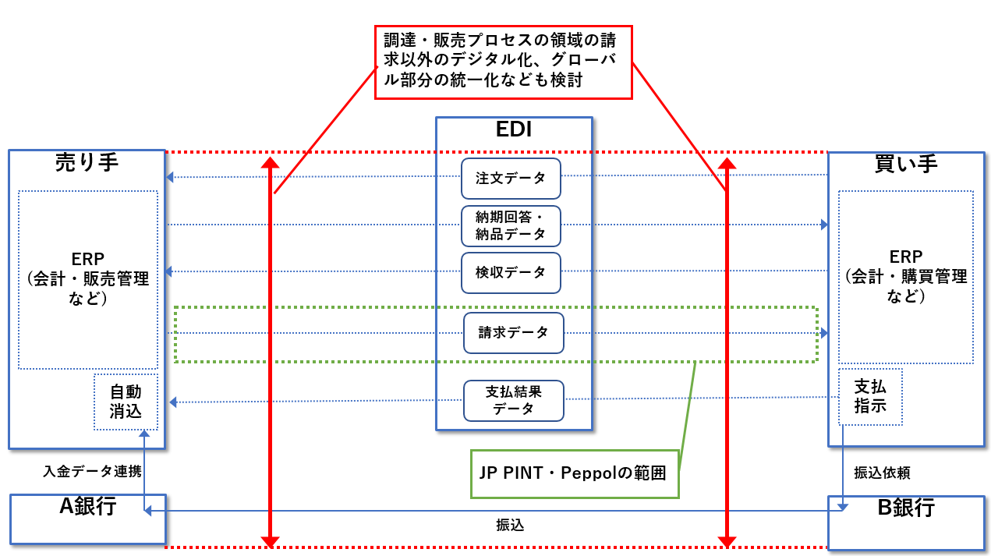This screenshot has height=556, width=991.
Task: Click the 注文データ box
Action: tap(511, 178)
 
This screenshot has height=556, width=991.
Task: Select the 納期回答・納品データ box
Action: tap(511, 225)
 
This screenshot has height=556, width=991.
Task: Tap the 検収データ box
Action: tap(511, 272)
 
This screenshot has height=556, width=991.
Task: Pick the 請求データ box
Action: tap(513, 333)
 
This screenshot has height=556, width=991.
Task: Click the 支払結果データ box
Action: tap(513, 400)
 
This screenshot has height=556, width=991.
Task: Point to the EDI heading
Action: tap(514, 129)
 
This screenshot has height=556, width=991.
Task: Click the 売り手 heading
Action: tap(87, 162)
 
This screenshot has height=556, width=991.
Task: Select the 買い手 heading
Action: tap(906, 163)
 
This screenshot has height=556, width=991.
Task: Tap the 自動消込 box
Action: tap(126, 402)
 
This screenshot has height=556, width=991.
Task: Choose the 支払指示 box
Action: tap(870, 396)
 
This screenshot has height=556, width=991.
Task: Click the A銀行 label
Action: tap(88, 507)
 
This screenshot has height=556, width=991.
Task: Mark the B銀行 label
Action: tap(906, 508)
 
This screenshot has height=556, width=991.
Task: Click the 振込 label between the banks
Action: tap(510, 525)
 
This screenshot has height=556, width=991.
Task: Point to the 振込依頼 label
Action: tap(882, 473)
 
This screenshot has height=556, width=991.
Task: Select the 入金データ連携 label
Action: tap(92, 471)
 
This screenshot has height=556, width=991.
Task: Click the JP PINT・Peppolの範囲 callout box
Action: tap(575, 473)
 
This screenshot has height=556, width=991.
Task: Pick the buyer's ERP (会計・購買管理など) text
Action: tap(905, 277)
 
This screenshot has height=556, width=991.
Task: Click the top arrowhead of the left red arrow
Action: tap(270, 163)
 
